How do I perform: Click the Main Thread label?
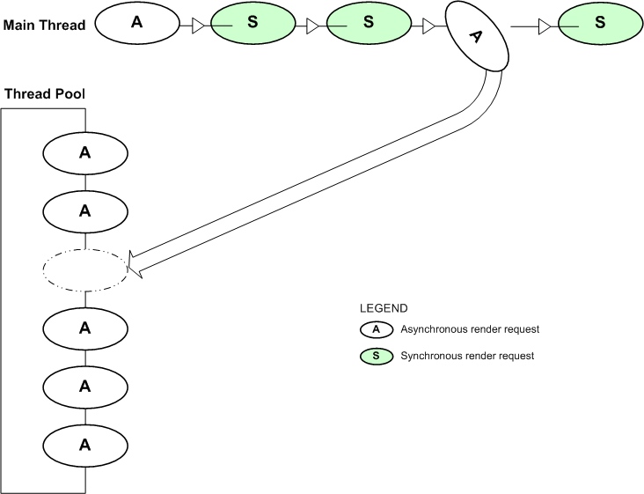point(44,25)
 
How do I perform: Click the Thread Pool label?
point(44,93)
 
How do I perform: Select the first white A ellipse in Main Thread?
point(136,24)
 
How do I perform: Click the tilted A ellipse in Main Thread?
point(478,36)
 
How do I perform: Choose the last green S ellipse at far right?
point(600,25)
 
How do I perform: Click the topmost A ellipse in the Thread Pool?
point(85,152)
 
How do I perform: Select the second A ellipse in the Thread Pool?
point(85,211)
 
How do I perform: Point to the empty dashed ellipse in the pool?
point(85,270)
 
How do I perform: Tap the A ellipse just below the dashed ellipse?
point(85,328)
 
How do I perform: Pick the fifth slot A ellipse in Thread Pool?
point(85,387)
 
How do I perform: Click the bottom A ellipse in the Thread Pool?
point(85,445)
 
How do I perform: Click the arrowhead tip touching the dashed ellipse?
point(130,262)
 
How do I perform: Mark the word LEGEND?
point(384,309)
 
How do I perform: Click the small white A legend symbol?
point(376,330)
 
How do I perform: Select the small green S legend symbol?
point(376,357)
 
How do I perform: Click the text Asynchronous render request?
point(470,330)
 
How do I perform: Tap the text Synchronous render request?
point(467,357)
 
